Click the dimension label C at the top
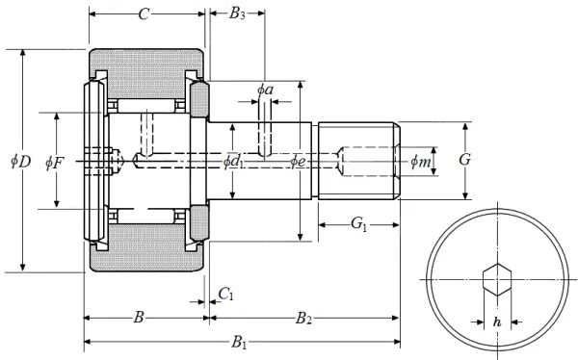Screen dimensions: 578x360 click(144, 14)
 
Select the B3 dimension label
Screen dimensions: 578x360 click(237, 13)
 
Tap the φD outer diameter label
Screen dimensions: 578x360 click(20, 161)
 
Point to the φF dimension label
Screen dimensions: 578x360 click(55, 163)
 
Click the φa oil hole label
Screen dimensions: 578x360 click(266, 90)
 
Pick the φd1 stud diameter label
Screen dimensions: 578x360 click(233, 162)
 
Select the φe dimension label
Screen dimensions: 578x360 click(298, 161)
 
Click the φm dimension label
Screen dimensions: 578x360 click(421, 161)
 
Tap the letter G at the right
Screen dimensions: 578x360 click(465, 160)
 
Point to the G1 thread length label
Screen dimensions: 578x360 click(358, 223)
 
